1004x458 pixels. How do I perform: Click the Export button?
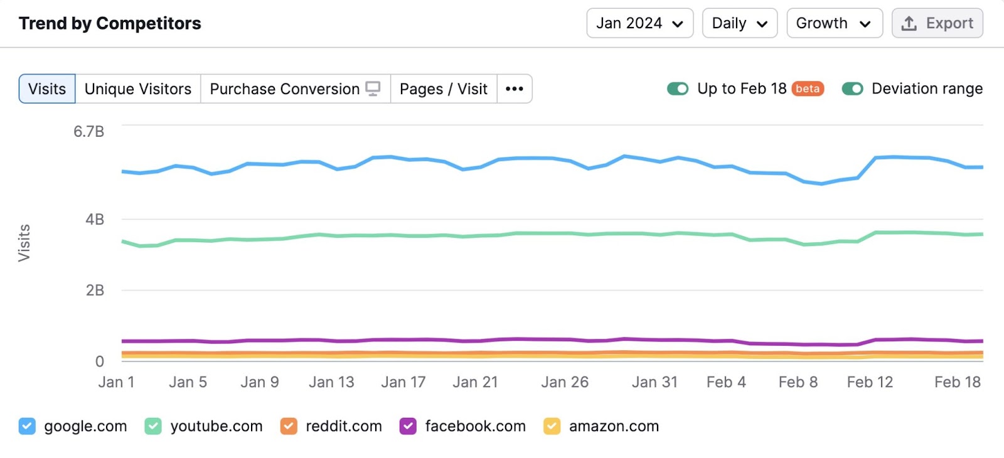coord(937,23)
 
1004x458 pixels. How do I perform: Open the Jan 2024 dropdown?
coord(639,23)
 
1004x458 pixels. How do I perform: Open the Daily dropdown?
coord(739,23)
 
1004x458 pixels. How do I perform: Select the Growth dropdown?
coord(834,23)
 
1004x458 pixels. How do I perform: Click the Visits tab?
coord(47,89)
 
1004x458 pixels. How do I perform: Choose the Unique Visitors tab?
coord(138,89)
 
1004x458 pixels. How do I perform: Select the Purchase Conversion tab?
coord(295,89)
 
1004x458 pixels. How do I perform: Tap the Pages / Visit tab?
coord(444,89)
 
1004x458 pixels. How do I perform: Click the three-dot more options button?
coord(515,89)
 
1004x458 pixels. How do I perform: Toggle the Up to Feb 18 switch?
coord(678,89)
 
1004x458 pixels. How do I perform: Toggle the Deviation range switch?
coord(852,89)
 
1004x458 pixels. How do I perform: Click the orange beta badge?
coord(808,89)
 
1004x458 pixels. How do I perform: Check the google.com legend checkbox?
coord(27,427)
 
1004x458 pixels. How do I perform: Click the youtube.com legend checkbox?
coord(153,427)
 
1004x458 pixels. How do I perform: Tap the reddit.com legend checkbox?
coord(289,427)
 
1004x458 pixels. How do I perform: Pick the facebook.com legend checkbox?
coord(408,427)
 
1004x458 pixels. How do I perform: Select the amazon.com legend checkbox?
coord(552,427)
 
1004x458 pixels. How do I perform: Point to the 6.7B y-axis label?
coord(88,132)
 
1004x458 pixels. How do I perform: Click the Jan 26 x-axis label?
coord(565,382)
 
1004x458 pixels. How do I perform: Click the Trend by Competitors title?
coord(110,24)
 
